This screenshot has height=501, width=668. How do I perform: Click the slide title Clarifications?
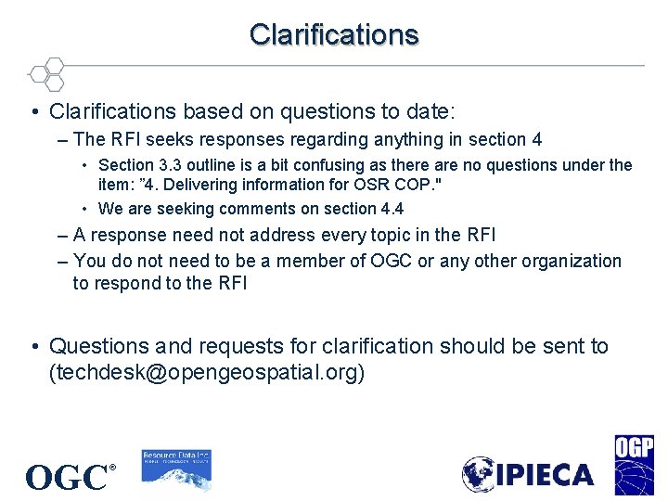click(334, 34)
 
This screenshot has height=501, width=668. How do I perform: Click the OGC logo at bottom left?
click(68, 478)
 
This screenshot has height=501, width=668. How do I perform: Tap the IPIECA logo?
click(528, 474)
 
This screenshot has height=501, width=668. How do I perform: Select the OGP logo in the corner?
click(634, 465)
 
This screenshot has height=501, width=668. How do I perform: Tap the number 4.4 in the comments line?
click(389, 209)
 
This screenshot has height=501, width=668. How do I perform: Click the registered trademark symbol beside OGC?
click(112, 468)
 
